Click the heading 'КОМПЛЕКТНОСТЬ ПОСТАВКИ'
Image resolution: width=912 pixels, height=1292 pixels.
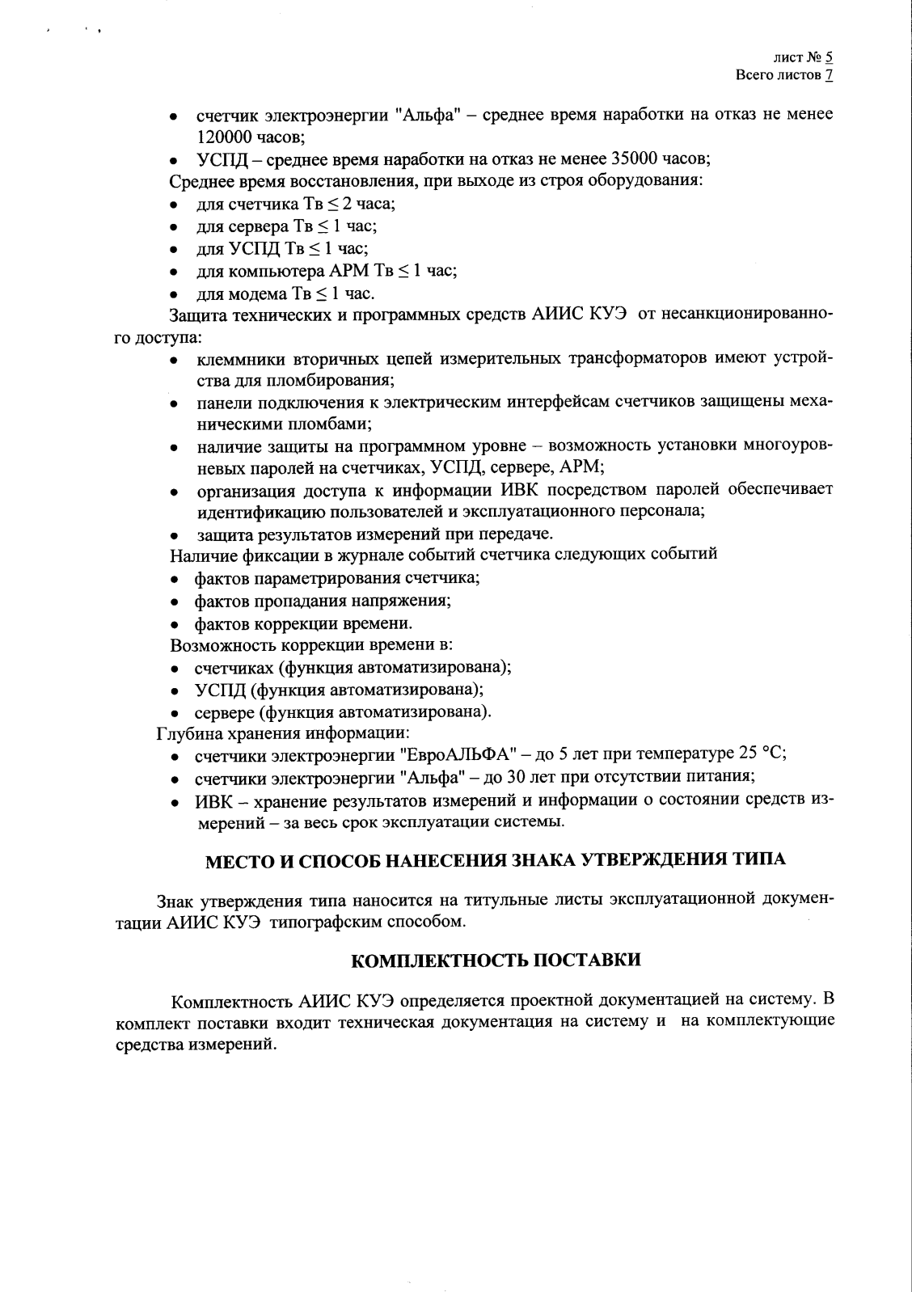click(496, 961)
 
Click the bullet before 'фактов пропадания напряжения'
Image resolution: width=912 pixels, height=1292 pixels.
click(175, 602)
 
